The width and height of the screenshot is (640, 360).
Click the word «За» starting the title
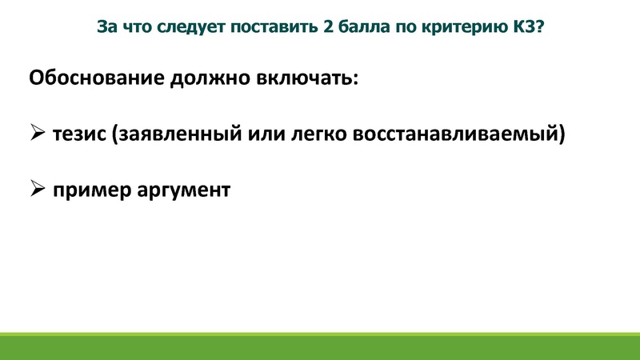(106, 27)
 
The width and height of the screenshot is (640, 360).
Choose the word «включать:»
(307, 80)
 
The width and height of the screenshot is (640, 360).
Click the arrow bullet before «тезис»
(38, 134)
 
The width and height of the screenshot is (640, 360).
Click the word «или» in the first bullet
(250, 134)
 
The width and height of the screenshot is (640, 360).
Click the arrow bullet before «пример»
(38, 190)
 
